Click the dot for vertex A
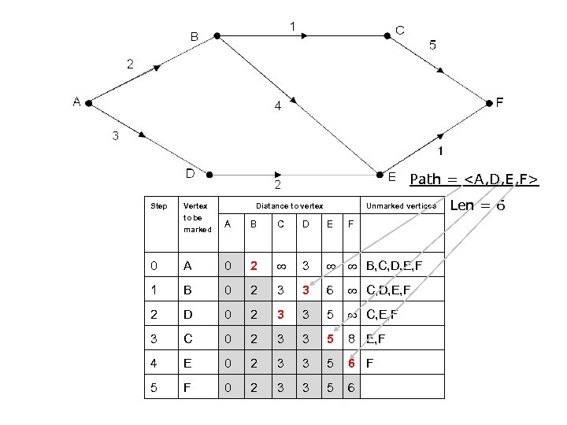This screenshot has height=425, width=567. coord(90,103)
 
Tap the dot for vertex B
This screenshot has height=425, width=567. coord(217,35)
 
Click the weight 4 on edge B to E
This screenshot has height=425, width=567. coord(278,106)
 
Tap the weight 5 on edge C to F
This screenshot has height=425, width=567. coord(432,45)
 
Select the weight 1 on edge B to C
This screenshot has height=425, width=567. coord(292,27)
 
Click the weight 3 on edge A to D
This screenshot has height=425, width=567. coord(116,136)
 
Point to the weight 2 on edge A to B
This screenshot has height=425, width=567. coord(131,63)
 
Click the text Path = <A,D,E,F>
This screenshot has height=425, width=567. coord(473,179)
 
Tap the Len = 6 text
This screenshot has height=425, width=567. coord(477,205)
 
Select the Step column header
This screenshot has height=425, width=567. coord(158,206)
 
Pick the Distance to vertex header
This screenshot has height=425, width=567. coord(289,206)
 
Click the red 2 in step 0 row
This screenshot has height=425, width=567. coord(253,266)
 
